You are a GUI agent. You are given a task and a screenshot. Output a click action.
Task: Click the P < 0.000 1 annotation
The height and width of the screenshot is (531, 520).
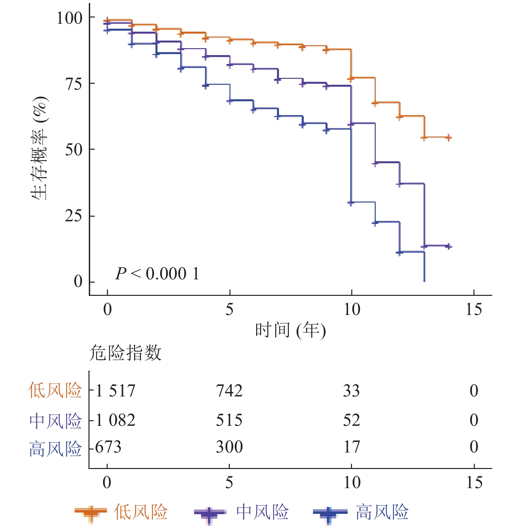click(157, 274)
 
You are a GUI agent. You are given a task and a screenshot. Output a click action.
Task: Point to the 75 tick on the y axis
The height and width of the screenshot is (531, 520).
click(73, 84)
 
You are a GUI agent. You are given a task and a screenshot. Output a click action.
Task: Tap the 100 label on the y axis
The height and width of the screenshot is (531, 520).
click(69, 18)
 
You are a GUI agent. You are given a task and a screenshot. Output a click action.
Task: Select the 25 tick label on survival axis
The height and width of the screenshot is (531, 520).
click(73, 216)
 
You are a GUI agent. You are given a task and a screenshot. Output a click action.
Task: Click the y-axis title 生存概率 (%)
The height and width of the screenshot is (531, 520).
click(39, 148)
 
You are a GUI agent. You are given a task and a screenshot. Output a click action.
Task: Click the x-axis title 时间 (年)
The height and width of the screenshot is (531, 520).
click(290, 330)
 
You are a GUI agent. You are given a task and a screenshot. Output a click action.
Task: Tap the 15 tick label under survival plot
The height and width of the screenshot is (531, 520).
click(473, 309)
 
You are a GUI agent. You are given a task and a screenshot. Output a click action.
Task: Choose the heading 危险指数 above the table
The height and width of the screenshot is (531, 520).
click(125, 353)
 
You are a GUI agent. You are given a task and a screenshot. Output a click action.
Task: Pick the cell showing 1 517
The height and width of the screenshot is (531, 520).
click(116, 391)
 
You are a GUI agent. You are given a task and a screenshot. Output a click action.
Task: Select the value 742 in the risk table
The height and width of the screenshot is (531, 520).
click(229, 391)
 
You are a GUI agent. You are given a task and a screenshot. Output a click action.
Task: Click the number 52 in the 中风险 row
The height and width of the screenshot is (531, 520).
click(351, 420)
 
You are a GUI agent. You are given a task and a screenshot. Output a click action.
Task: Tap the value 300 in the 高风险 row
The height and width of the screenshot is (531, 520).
click(229, 447)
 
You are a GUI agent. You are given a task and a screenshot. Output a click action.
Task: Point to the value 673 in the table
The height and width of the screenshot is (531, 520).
click(108, 447)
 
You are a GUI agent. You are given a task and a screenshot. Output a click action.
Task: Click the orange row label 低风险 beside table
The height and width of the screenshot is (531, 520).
click(55, 390)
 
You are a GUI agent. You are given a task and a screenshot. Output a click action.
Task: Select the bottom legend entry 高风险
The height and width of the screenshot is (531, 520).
click(382, 512)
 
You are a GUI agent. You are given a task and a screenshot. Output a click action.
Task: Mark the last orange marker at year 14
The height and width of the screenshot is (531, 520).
click(448, 138)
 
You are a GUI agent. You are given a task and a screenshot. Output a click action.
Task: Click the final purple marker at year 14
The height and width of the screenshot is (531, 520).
click(448, 246)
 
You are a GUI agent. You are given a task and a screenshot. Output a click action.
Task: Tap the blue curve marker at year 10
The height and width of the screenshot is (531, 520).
click(351, 203)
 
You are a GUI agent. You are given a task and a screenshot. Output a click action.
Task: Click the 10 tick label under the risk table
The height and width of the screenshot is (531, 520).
click(352, 483)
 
